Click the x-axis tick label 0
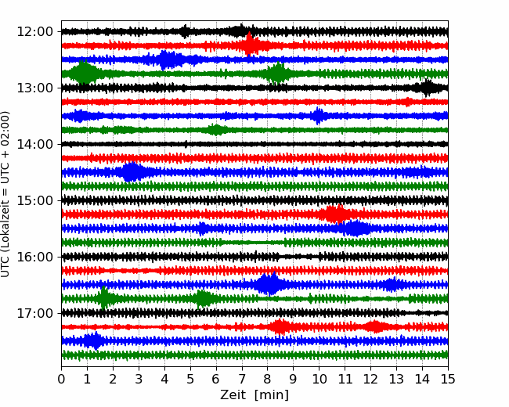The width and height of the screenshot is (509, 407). [62, 380]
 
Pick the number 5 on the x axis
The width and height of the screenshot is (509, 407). [190, 380]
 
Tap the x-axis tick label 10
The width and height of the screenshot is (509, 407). [319, 380]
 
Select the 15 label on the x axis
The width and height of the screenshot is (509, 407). [447, 380]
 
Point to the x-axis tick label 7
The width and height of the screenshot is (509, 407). [242, 380]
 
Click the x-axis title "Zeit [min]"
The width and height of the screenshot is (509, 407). [254, 395]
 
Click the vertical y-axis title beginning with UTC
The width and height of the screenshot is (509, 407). [7, 193]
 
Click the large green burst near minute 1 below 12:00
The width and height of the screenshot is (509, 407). [84, 74]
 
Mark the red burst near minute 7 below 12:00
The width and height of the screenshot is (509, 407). [250, 45]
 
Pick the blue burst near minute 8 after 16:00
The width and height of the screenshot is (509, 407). [269, 284]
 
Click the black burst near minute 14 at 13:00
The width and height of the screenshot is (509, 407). [427, 87]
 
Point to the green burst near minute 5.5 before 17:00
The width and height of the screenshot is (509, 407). [204, 298]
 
